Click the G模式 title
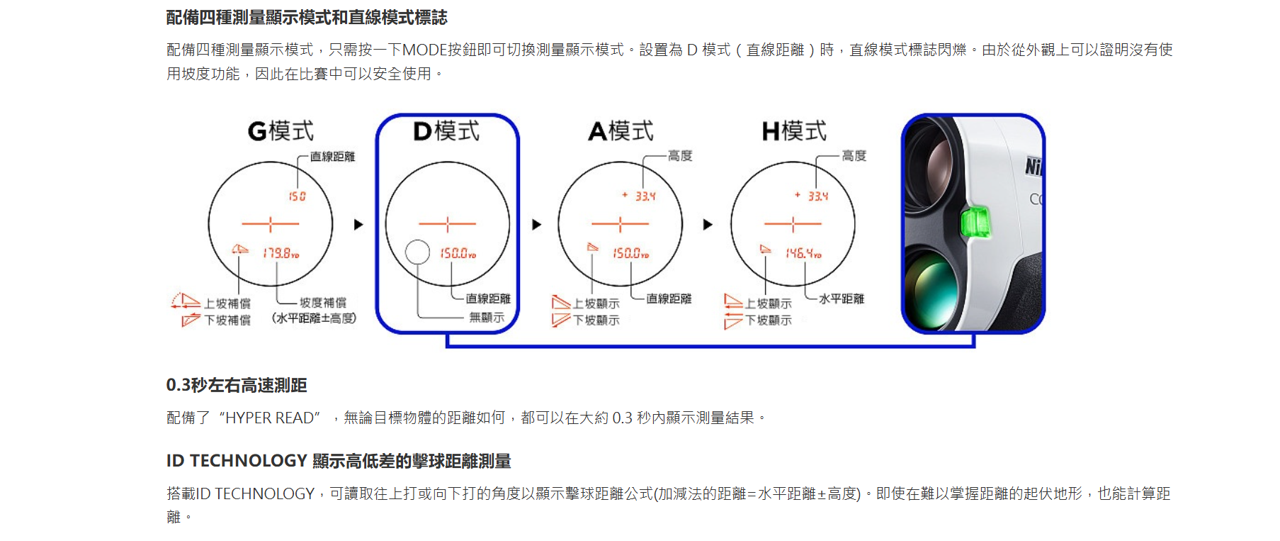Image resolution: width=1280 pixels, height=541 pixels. (x=281, y=131)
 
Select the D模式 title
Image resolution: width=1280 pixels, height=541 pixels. (x=446, y=131)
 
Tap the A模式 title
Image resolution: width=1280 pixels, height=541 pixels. (x=621, y=131)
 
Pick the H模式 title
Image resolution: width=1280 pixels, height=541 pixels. (x=794, y=131)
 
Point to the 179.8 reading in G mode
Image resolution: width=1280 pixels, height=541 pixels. (x=281, y=253)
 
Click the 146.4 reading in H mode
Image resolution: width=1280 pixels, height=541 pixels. (x=803, y=253)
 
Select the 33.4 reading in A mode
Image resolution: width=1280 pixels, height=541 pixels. (x=645, y=196)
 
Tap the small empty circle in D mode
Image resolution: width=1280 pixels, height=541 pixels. (x=418, y=252)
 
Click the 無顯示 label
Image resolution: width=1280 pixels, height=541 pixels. (x=487, y=317)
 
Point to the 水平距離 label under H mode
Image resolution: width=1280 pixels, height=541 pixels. (x=842, y=299)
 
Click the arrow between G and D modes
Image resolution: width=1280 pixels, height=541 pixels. (x=358, y=225)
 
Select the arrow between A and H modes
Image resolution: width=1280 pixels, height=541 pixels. (x=707, y=225)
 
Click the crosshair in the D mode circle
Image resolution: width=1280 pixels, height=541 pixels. (x=447, y=225)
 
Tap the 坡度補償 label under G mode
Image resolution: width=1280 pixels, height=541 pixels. (x=323, y=303)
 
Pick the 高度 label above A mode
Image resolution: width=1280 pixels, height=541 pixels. (x=680, y=156)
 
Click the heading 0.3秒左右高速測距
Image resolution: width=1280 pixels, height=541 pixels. (x=237, y=385)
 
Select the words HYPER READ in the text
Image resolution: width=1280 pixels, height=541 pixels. (x=269, y=418)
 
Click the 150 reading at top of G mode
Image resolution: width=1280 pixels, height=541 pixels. (x=297, y=196)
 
